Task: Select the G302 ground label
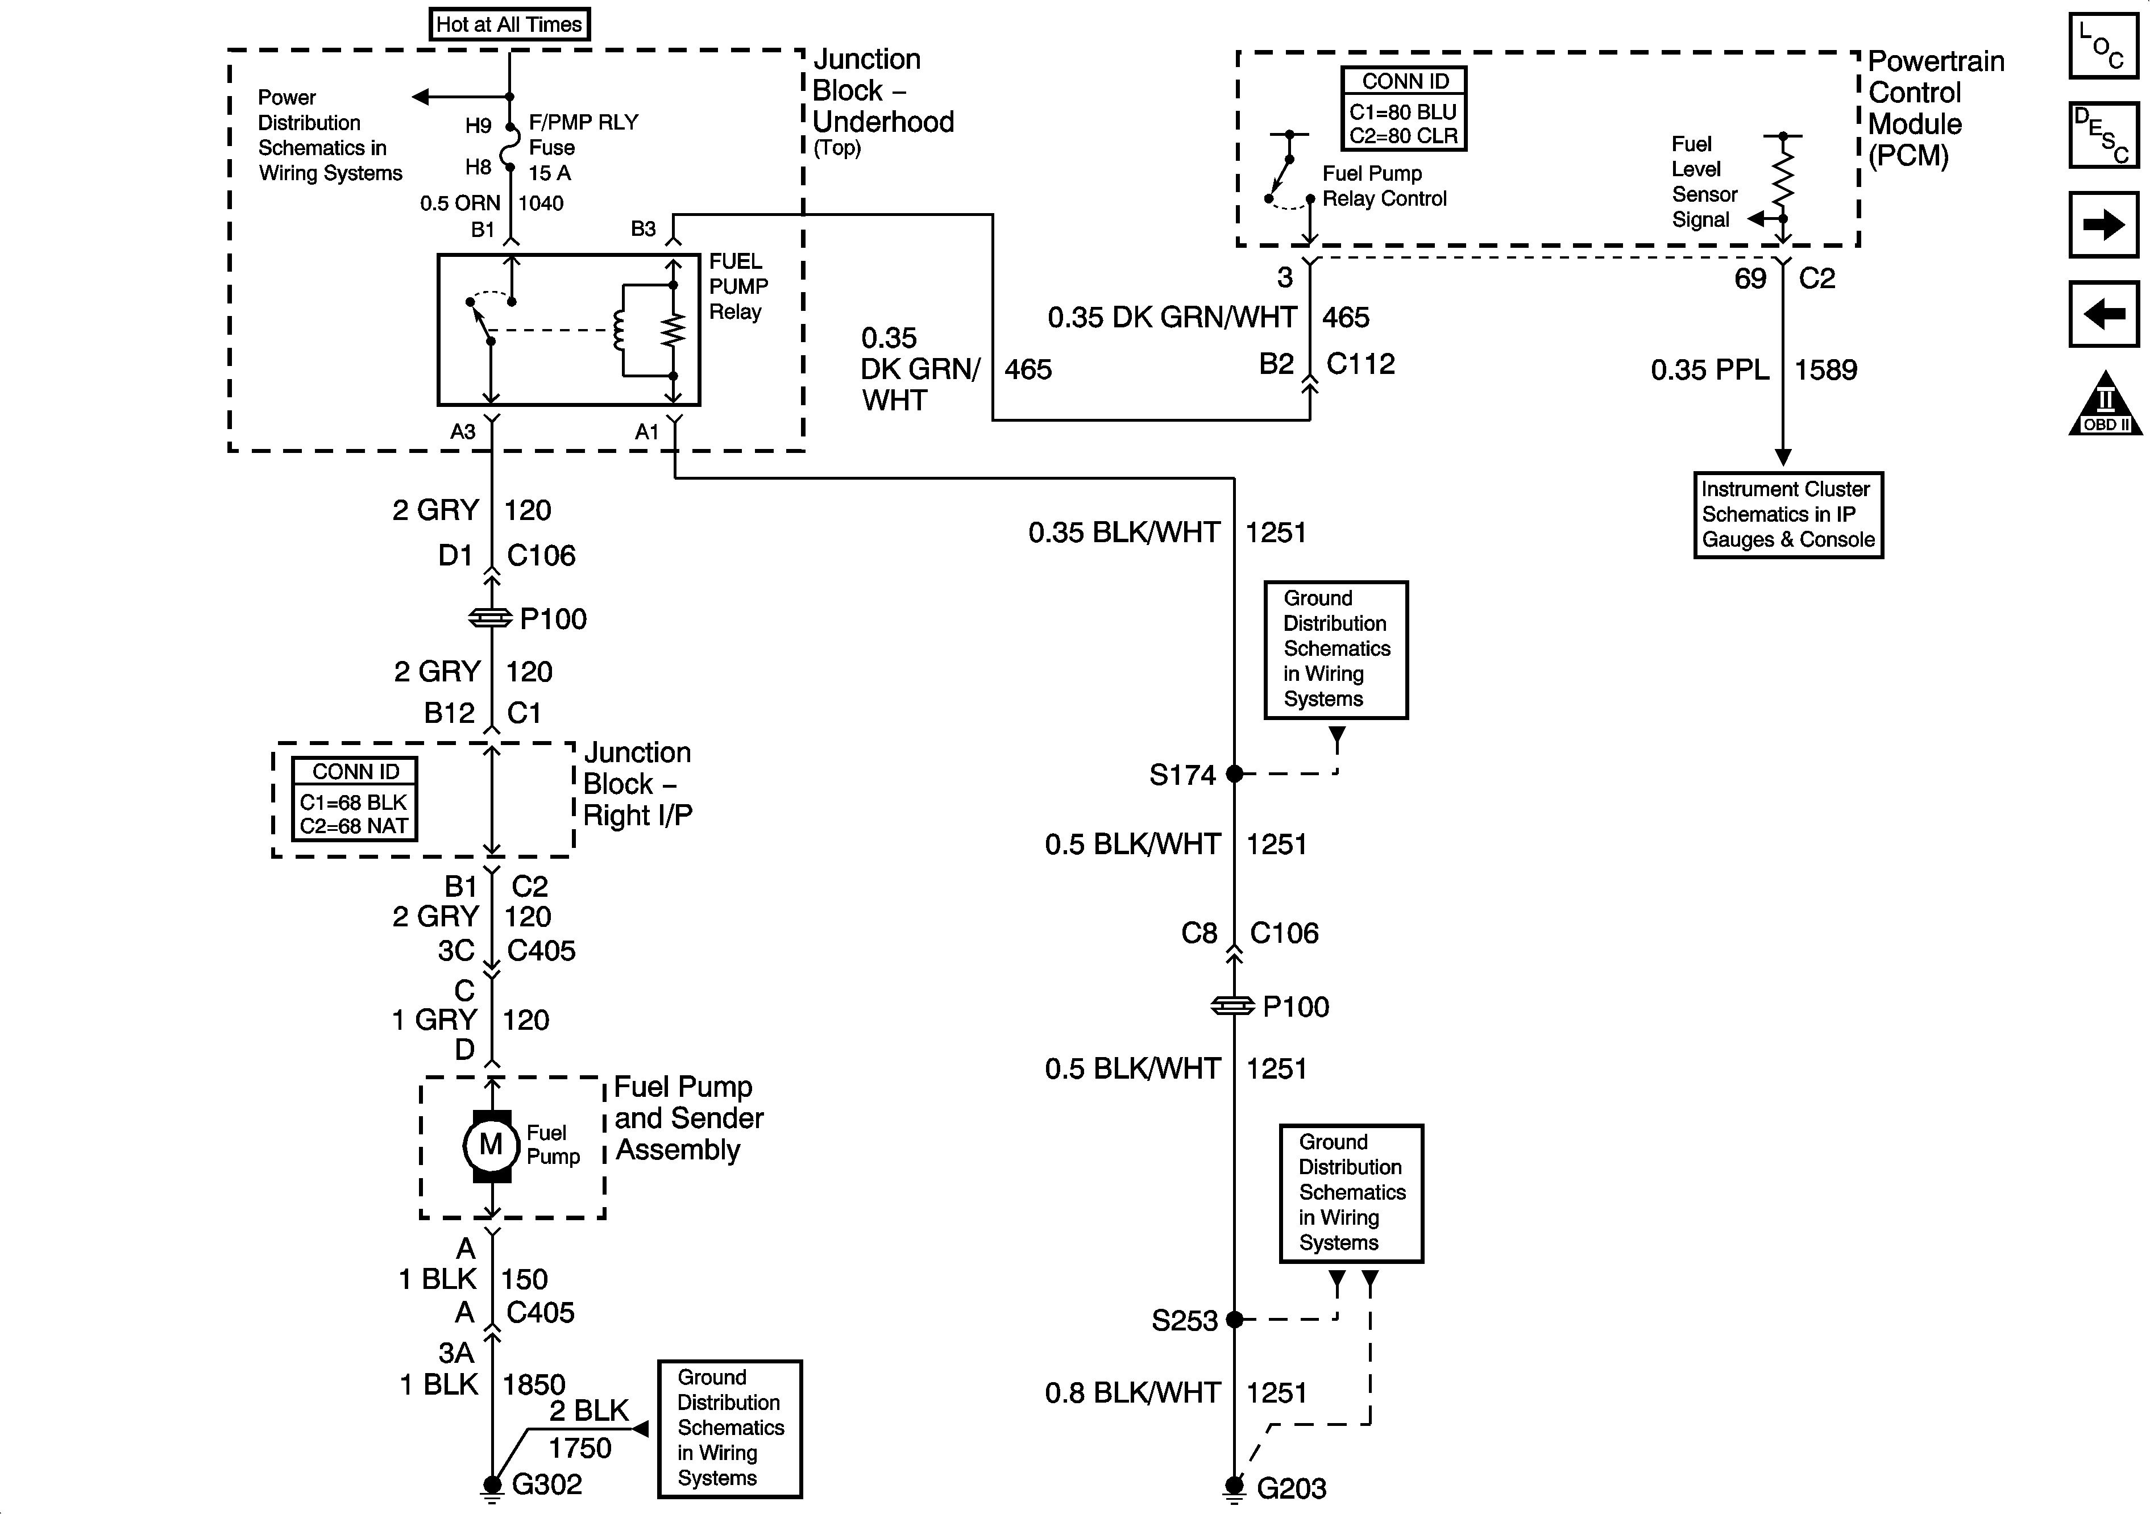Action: tap(547, 1484)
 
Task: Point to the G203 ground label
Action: tap(1292, 1488)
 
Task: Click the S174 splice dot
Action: tap(1234, 773)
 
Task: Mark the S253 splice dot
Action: tap(1234, 1319)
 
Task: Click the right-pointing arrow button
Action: tap(2103, 224)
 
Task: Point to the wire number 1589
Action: tap(1825, 370)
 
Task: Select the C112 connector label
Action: tap(1360, 364)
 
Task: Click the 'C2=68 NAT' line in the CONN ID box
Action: tap(354, 826)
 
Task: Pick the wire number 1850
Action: tap(534, 1384)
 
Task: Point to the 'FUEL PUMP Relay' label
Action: tap(738, 286)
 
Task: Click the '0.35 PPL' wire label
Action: tap(1710, 370)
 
